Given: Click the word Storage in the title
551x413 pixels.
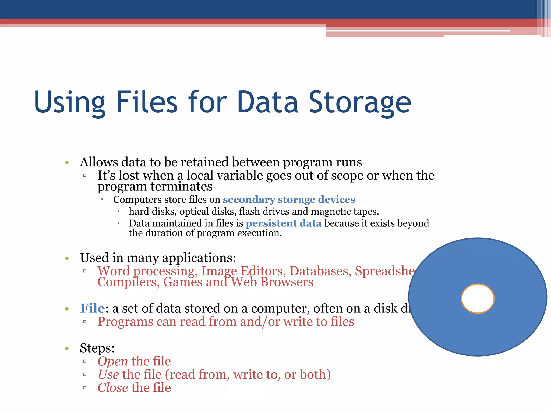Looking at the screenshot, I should tap(360, 102).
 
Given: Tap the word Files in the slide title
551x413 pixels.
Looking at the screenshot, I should tap(147, 102).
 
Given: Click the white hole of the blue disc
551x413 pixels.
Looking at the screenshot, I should tap(478, 298).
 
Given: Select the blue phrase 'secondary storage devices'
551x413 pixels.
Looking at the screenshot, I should tap(289, 200).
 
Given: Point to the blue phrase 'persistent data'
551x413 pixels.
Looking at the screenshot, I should tap(284, 223).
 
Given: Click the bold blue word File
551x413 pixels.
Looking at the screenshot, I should tap(92, 308).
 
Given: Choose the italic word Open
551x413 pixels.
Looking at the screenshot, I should tap(113, 361).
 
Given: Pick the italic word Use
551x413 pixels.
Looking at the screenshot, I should tap(108, 374).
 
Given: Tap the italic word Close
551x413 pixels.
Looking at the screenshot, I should tap(113, 388).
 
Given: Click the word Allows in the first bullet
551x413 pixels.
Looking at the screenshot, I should tap(99, 162).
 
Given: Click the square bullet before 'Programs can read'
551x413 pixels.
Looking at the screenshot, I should tap(85, 322).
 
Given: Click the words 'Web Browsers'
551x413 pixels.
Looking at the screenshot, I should tap(272, 282).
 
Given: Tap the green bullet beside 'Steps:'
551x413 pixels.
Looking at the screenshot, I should tap(67, 349).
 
